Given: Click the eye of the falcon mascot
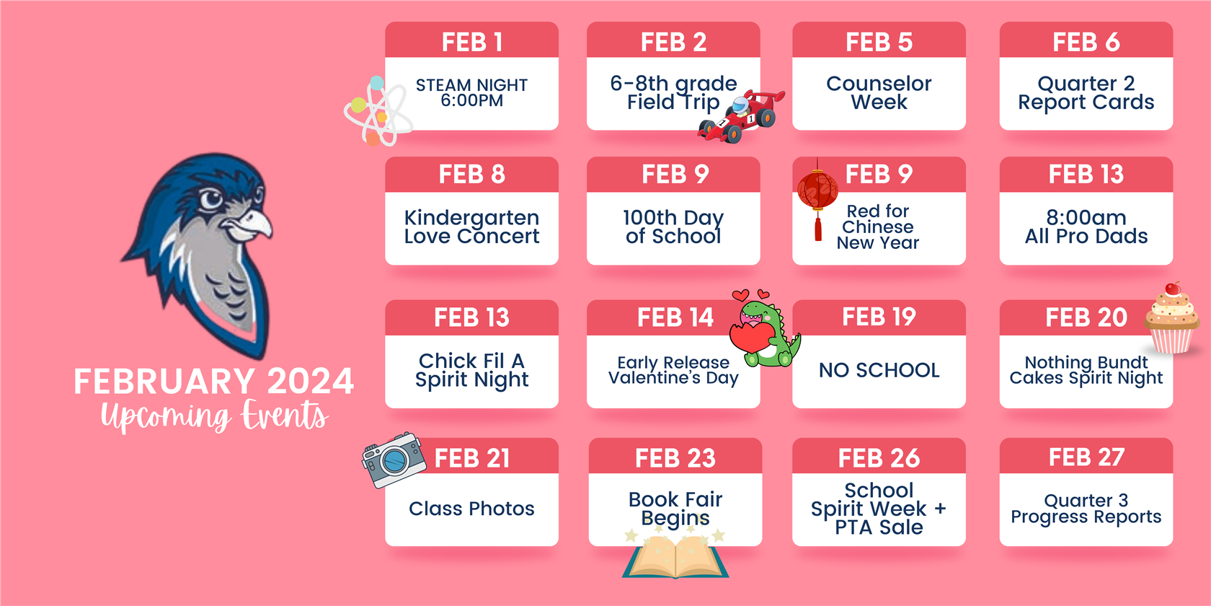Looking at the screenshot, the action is tap(210, 198).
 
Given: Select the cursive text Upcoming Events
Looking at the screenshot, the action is tap(215, 416).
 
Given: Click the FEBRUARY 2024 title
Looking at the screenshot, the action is tap(214, 381).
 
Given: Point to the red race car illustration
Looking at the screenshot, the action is tap(741, 116).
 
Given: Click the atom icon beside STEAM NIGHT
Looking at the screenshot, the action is tap(377, 111).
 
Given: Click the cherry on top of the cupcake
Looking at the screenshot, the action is tap(1173, 289).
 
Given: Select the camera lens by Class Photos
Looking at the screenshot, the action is tap(394, 460).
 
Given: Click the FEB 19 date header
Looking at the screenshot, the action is tap(879, 317).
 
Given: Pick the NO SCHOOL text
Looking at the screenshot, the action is tap(879, 370).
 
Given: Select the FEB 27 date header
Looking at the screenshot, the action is tap(1086, 457).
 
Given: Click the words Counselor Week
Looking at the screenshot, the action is tap(879, 92).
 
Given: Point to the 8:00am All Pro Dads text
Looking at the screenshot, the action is tap(1086, 227).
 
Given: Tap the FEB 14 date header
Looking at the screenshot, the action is tap(675, 317).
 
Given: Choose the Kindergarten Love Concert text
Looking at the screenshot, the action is tap(472, 227).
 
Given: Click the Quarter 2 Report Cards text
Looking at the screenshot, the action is tap(1086, 93).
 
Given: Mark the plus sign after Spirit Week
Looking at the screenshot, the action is tap(940, 509).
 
